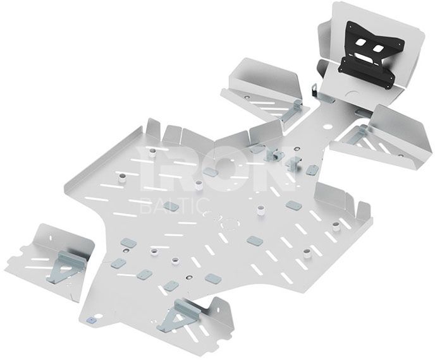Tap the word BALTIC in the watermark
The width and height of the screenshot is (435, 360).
175,206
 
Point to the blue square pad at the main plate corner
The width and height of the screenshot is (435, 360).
90,320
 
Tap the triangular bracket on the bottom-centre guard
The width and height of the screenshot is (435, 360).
178,316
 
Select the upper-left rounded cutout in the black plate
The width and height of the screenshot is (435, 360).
360,42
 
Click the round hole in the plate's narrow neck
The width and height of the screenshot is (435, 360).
328,127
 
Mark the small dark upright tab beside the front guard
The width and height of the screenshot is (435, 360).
315,90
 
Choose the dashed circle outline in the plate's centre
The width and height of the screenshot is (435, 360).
229,224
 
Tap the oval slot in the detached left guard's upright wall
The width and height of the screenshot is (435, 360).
51,237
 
